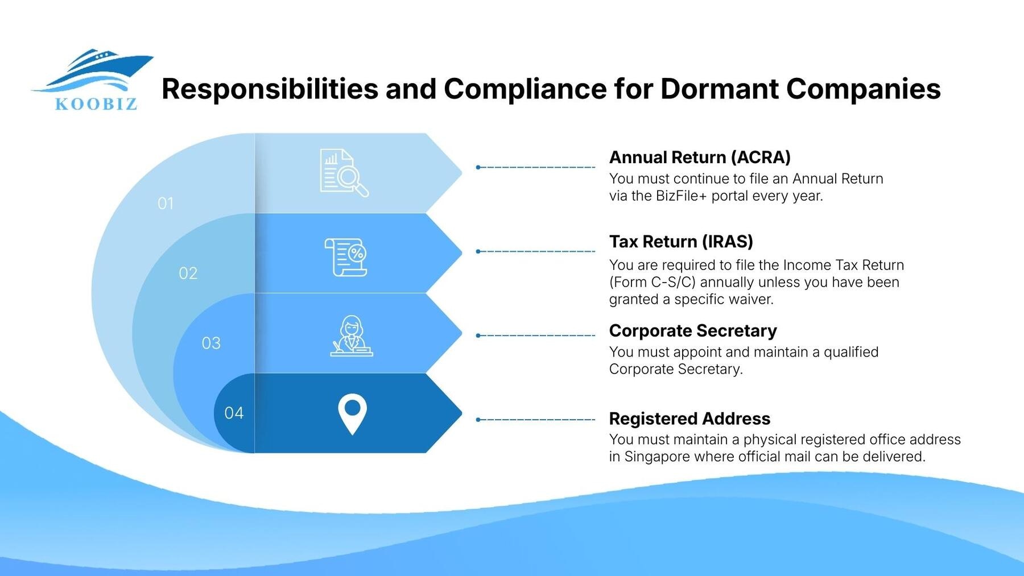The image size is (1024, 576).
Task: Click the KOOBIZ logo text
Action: pyautogui.click(x=96, y=104)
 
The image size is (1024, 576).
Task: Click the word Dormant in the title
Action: pyautogui.click(x=719, y=89)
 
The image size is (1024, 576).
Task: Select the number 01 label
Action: pyautogui.click(x=166, y=204)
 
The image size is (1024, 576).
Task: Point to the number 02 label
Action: pyautogui.click(x=188, y=274)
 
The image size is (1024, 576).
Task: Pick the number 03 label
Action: pyautogui.click(x=211, y=343)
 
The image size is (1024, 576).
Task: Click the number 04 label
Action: pyautogui.click(x=234, y=413)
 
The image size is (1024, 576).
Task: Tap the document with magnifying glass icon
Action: pyautogui.click(x=344, y=173)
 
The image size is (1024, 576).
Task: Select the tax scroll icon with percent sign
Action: pyautogui.click(x=346, y=257)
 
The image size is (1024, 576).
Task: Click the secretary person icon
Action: pyautogui.click(x=352, y=336)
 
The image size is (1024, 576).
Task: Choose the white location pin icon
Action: pyautogui.click(x=352, y=413)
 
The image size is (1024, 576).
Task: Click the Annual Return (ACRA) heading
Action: pyautogui.click(x=700, y=158)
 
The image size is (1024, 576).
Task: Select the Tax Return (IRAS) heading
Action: pyautogui.click(x=681, y=242)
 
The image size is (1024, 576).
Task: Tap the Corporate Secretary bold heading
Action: pyautogui.click(x=693, y=331)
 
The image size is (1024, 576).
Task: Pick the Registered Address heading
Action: pyautogui.click(x=689, y=419)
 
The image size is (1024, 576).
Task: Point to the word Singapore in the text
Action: pyautogui.click(x=657, y=457)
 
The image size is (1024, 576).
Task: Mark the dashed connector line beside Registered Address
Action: pyautogui.click(x=536, y=420)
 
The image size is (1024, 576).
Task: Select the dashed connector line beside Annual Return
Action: pyautogui.click(x=536, y=167)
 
